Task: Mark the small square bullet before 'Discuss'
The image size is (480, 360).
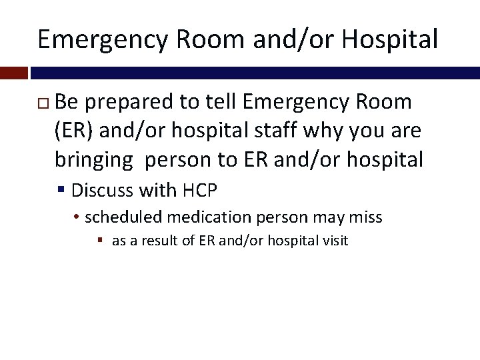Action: (61, 191)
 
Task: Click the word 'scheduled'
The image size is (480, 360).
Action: (124, 217)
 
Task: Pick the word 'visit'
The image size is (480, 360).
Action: (335, 241)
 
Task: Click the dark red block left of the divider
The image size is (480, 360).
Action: (13, 71)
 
